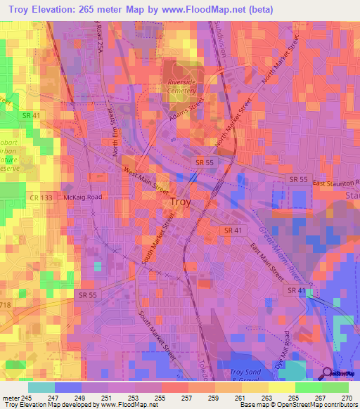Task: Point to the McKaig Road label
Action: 82,197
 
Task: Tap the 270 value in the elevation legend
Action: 347,397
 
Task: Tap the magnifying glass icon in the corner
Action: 328,373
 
